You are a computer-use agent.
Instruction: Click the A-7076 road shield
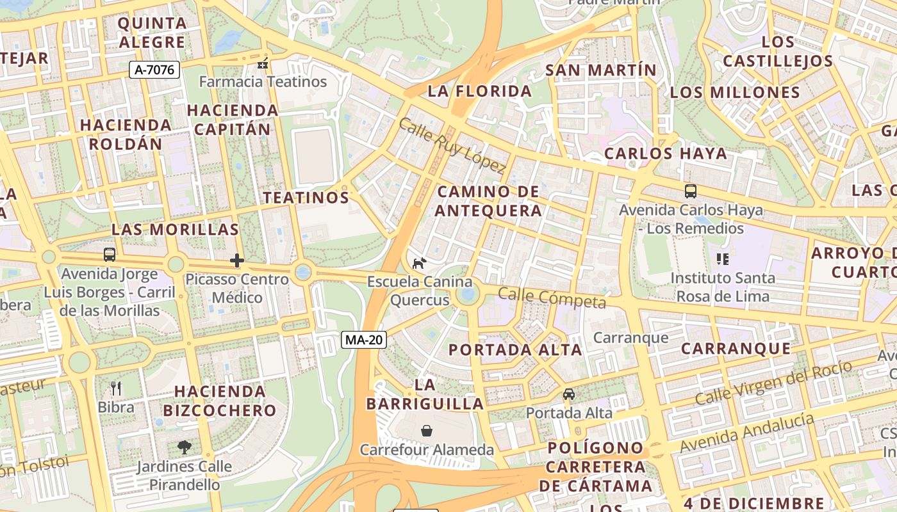tap(154, 70)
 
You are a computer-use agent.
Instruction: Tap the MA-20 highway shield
tap(363, 340)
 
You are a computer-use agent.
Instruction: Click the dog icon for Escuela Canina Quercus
tap(419, 263)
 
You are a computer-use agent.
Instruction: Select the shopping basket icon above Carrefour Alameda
tap(427, 431)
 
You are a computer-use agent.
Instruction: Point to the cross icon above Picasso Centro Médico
tap(237, 260)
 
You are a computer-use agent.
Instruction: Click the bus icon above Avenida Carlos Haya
tap(691, 191)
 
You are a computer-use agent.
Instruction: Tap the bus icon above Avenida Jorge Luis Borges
tap(110, 255)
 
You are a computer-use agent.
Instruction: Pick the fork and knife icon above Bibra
tap(116, 388)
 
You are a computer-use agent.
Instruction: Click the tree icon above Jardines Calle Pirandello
tap(185, 447)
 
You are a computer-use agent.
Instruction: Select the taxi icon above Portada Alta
tap(569, 394)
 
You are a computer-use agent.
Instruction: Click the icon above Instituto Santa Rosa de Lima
tap(723, 259)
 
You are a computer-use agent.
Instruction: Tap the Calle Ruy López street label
tap(452, 145)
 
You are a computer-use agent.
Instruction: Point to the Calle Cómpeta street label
tap(552, 298)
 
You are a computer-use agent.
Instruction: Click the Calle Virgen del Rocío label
tap(773, 383)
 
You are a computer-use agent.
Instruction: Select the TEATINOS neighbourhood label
tap(306, 198)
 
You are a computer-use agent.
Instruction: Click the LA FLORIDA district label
tap(480, 92)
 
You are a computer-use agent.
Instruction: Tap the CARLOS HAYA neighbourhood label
tap(666, 154)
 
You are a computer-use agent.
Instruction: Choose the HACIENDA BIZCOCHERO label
tap(220, 401)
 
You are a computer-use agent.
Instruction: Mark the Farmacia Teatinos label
tap(263, 82)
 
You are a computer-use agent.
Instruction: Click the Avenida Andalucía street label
tap(747, 433)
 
